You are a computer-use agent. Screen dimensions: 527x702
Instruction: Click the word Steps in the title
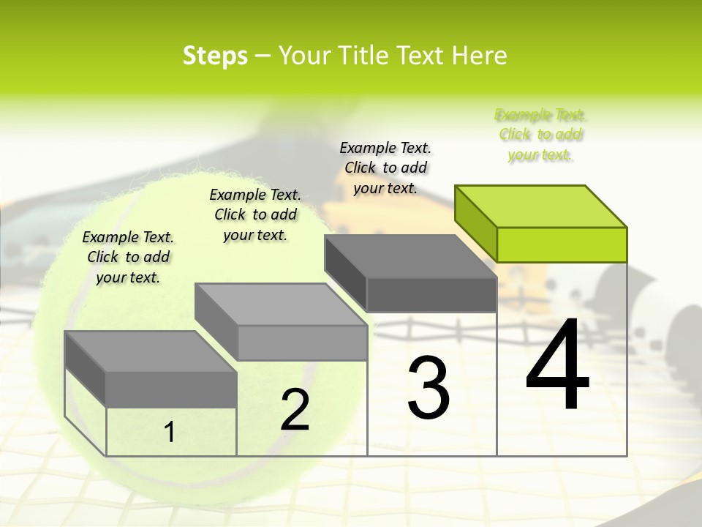click(214, 56)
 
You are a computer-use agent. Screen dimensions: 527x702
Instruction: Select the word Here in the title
click(480, 56)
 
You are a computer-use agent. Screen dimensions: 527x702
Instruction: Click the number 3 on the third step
click(429, 388)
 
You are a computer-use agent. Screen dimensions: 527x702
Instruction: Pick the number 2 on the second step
click(295, 410)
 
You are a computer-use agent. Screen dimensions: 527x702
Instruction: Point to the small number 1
click(169, 433)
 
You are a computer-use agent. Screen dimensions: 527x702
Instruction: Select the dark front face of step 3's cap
click(431, 295)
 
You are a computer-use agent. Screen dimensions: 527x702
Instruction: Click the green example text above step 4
click(540, 135)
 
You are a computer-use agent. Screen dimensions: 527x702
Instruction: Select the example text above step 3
click(385, 168)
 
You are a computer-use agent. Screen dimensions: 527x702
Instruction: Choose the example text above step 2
click(255, 214)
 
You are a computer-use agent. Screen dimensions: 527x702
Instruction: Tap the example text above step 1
click(128, 257)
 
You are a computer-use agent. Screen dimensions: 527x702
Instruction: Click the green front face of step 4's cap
click(562, 244)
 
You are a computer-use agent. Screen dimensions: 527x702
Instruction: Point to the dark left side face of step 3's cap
click(345, 266)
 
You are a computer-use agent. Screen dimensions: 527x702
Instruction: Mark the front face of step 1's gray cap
click(171, 389)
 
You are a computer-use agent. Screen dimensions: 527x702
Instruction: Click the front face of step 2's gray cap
click(302, 343)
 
